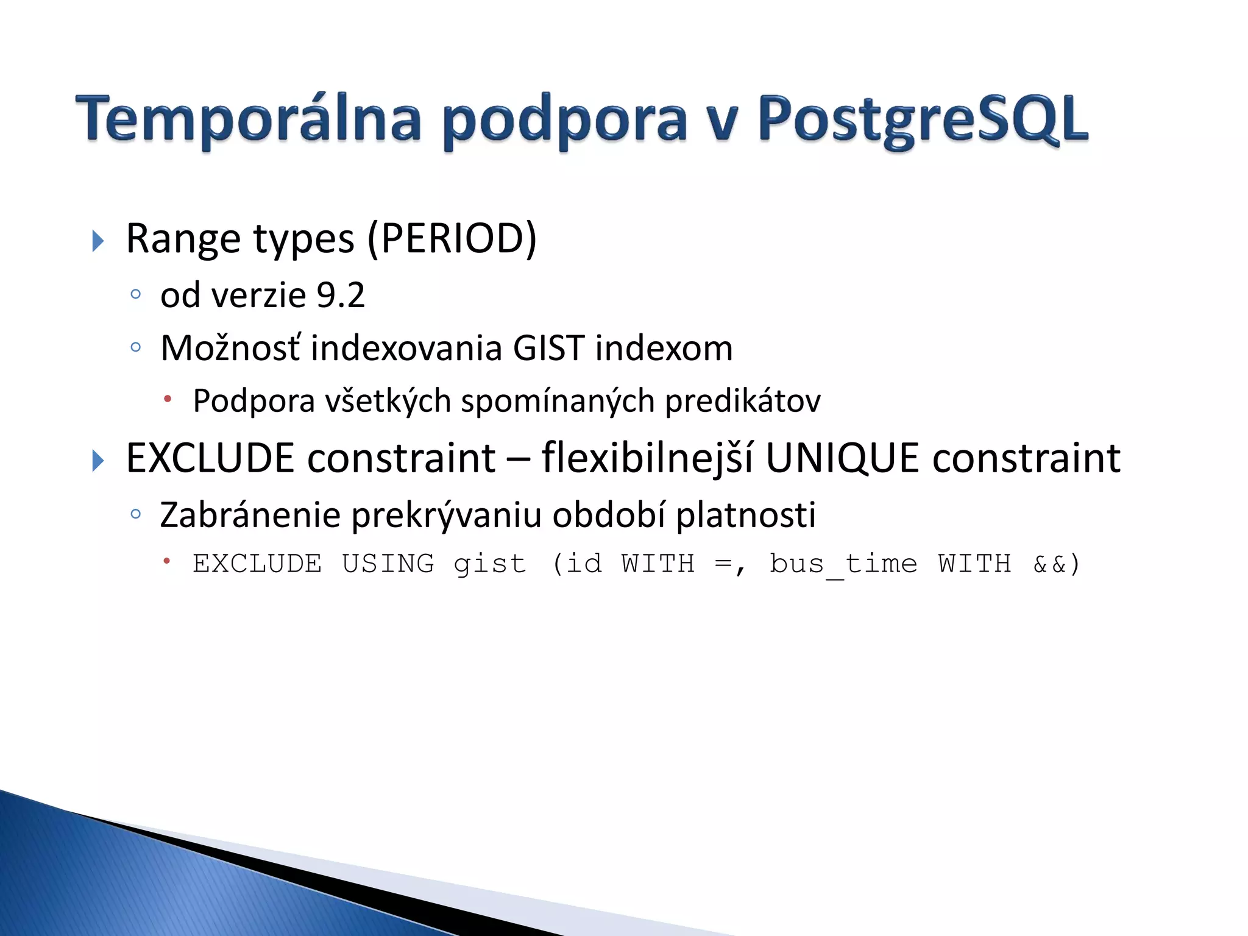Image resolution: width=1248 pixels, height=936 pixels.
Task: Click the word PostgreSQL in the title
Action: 923,120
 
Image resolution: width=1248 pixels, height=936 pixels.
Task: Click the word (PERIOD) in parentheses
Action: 452,238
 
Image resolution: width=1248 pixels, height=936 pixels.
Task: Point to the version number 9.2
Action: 341,295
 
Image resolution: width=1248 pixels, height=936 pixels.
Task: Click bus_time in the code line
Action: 843,564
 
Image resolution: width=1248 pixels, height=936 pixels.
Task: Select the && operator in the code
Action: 1049,564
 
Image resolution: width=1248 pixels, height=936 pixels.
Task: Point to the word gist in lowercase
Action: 489,564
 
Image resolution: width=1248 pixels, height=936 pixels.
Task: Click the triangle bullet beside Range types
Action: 97,241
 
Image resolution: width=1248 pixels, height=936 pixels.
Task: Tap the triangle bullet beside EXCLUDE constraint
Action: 97,460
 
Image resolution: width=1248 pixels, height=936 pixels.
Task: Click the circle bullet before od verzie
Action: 136,295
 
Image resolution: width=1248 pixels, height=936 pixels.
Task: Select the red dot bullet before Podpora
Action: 167,399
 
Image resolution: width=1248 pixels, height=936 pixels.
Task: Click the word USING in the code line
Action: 388,564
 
